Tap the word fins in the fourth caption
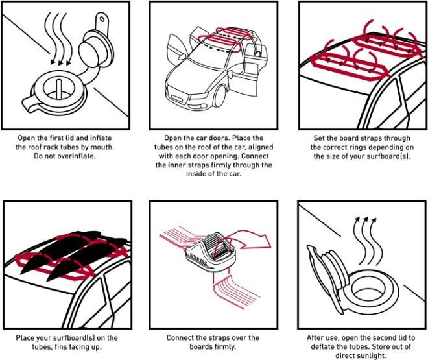(x=70, y=347)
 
